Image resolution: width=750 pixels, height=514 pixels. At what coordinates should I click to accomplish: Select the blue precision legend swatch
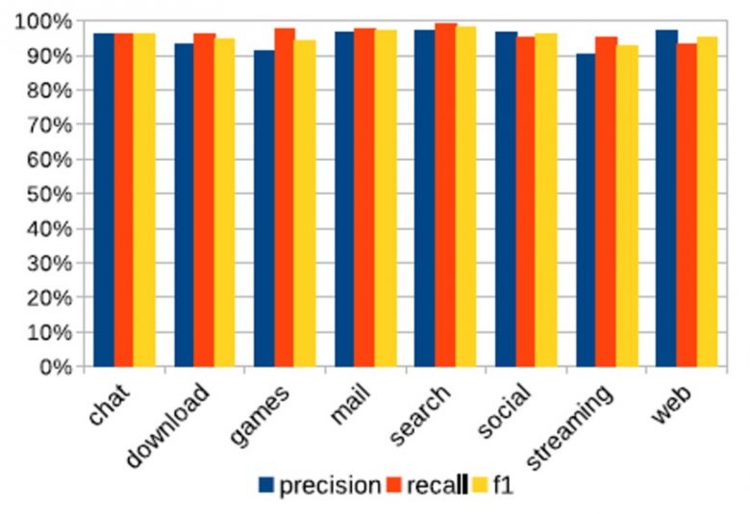pyautogui.click(x=266, y=485)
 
